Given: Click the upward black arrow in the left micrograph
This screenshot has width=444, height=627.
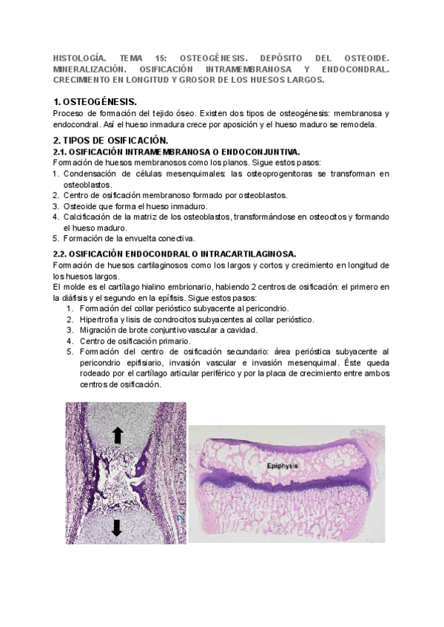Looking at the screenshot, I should pyautogui.click(x=117, y=435).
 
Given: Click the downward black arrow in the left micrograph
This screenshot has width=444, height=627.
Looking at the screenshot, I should pyautogui.click(x=117, y=528).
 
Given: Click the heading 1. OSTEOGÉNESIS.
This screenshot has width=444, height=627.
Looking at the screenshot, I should pyautogui.click(x=95, y=100).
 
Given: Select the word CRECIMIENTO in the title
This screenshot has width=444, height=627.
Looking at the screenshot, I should pyautogui.click(x=88, y=78).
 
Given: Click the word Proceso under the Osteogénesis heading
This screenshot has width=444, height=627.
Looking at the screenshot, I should pyautogui.click(x=70, y=112).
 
